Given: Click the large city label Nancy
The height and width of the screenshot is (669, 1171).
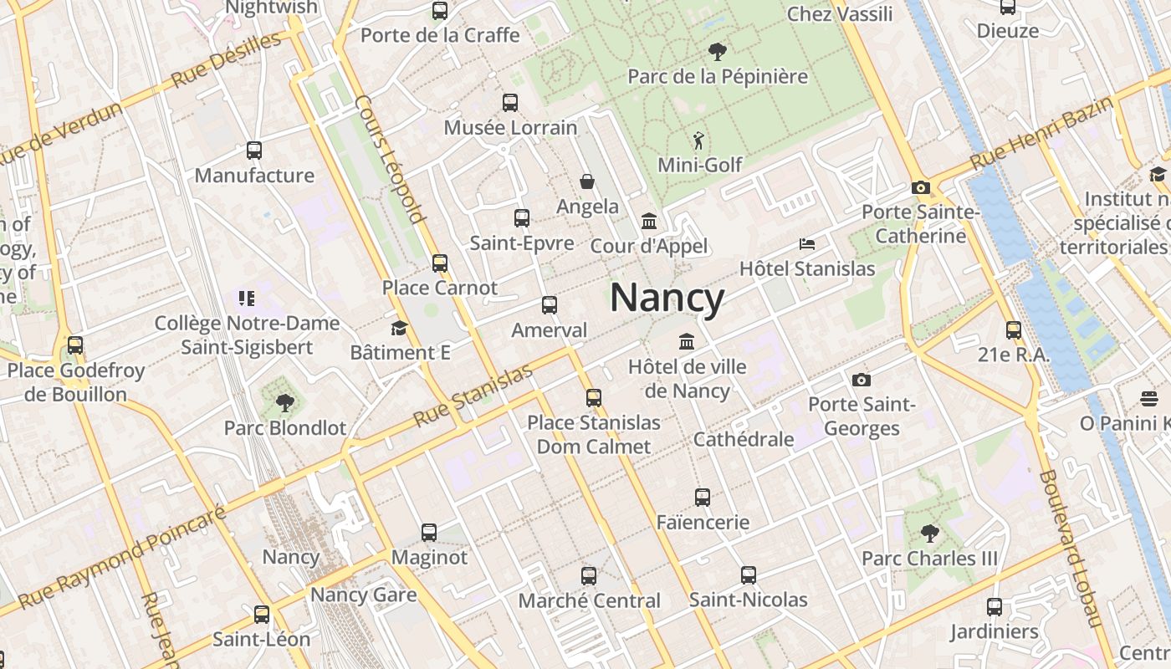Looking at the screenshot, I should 667,298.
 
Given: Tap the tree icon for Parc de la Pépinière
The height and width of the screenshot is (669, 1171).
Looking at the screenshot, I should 717,52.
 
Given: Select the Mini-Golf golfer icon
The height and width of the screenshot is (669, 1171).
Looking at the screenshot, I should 698,140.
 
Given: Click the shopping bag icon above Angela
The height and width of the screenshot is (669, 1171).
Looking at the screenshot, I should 587,181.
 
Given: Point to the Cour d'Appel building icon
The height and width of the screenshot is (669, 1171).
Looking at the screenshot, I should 648,222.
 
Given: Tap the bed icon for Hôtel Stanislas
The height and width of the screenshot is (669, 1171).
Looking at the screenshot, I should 807,244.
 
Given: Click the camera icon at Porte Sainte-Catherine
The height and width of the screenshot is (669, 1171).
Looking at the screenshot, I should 921,188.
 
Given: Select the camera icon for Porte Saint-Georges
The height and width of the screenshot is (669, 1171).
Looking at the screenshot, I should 862,380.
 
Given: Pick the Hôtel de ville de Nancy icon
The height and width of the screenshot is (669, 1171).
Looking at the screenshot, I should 687,341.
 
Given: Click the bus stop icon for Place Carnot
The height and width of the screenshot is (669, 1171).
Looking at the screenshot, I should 440,263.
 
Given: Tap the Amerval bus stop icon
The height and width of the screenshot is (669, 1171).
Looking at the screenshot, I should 550,305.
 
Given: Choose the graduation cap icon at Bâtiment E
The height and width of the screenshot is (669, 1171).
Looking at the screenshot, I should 399,328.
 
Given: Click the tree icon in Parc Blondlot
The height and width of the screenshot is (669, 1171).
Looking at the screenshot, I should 285,403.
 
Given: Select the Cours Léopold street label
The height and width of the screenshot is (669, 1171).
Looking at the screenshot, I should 390,159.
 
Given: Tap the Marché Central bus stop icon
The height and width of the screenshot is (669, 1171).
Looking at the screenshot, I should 589,576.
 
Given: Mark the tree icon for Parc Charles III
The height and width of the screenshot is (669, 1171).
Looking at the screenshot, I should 929,533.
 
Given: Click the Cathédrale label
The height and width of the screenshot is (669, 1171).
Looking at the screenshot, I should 744,439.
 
